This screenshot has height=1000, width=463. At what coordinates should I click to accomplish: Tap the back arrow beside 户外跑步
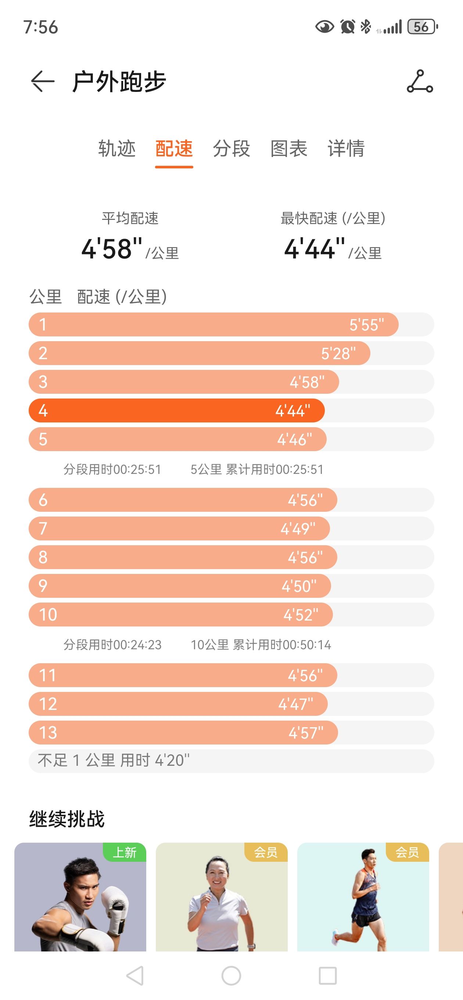tap(42, 82)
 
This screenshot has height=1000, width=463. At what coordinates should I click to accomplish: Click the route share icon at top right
tap(420, 82)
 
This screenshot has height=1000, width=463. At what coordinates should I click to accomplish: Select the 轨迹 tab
tap(117, 149)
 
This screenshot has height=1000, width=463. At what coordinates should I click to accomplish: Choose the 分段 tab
tap(231, 149)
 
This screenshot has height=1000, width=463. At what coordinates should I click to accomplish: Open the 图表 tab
tap(289, 149)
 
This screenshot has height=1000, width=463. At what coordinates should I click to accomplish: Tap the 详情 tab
tap(346, 149)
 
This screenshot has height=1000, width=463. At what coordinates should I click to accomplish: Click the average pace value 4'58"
tap(112, 249)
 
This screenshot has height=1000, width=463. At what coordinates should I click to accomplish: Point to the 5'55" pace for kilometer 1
tap(366, 325)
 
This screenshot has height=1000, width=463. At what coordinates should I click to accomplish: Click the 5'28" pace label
tap(338, 354)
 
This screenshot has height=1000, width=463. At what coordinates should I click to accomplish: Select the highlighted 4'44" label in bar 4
tap(292, 411)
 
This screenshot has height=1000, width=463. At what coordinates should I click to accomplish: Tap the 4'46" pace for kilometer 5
tap(294, 439)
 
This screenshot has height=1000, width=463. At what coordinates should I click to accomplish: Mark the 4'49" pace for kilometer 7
tap(298, 529)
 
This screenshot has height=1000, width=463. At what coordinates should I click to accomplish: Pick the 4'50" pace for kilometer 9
tap(299, 586)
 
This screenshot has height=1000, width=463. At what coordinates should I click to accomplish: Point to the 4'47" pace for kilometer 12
tap(295, 704)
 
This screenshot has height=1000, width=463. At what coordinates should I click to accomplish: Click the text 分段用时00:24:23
tap(112, 645)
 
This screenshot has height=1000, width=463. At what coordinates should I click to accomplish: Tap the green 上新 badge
tap(124, 852)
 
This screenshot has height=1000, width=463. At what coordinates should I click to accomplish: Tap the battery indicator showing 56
tap(422, 27)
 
